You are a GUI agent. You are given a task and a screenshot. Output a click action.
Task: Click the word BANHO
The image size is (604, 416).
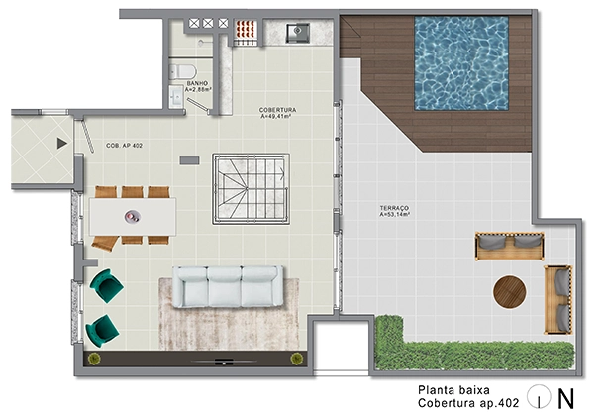tap(199, 83)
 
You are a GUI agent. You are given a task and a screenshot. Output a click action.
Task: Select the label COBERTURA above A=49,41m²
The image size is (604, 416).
tap(279, 110)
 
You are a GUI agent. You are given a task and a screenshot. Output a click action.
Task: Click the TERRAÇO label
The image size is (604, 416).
tap(395, 208)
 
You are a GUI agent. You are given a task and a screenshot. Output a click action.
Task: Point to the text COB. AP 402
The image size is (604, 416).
tap(124, 146)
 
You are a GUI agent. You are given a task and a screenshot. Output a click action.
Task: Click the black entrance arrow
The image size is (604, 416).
tap(62, 144)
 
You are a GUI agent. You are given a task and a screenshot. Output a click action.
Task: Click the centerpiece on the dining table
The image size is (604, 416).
tap(130, 214)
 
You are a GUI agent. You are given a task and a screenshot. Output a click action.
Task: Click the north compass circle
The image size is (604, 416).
tap(539, 396)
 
